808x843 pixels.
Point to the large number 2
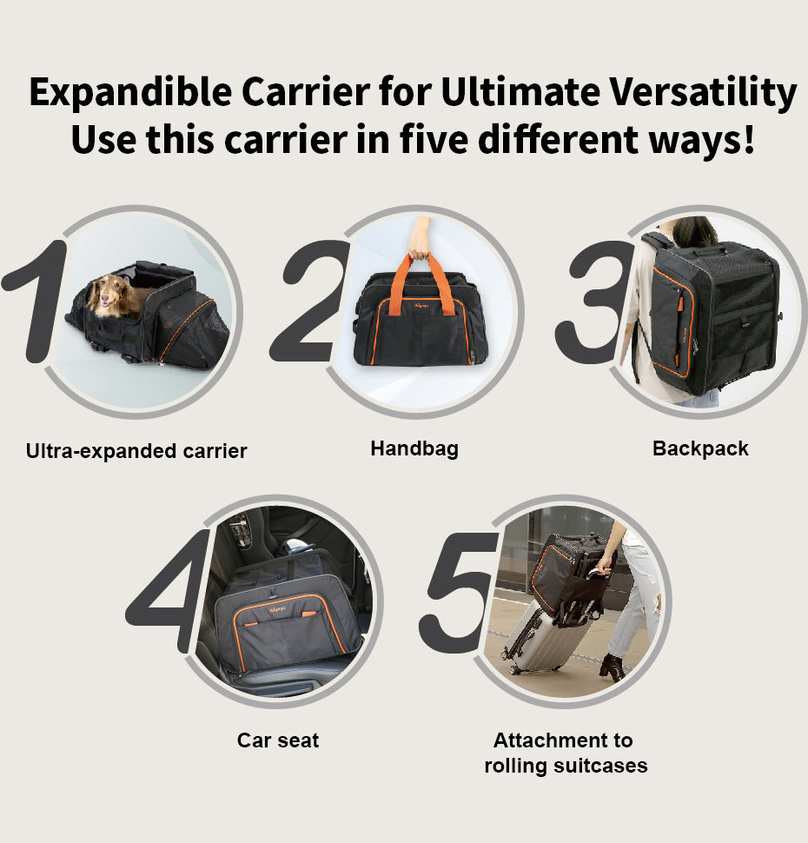tap(310, 301)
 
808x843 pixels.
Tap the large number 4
tap(168, 590)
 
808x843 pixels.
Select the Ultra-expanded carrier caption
tap(136, 450)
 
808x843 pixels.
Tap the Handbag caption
tap(414, 448)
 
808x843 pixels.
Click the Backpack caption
tap(700, 448)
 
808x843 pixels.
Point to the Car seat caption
tap(278, 740)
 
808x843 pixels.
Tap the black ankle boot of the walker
tap(613, 667)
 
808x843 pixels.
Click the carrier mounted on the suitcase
tap(569, 572)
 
